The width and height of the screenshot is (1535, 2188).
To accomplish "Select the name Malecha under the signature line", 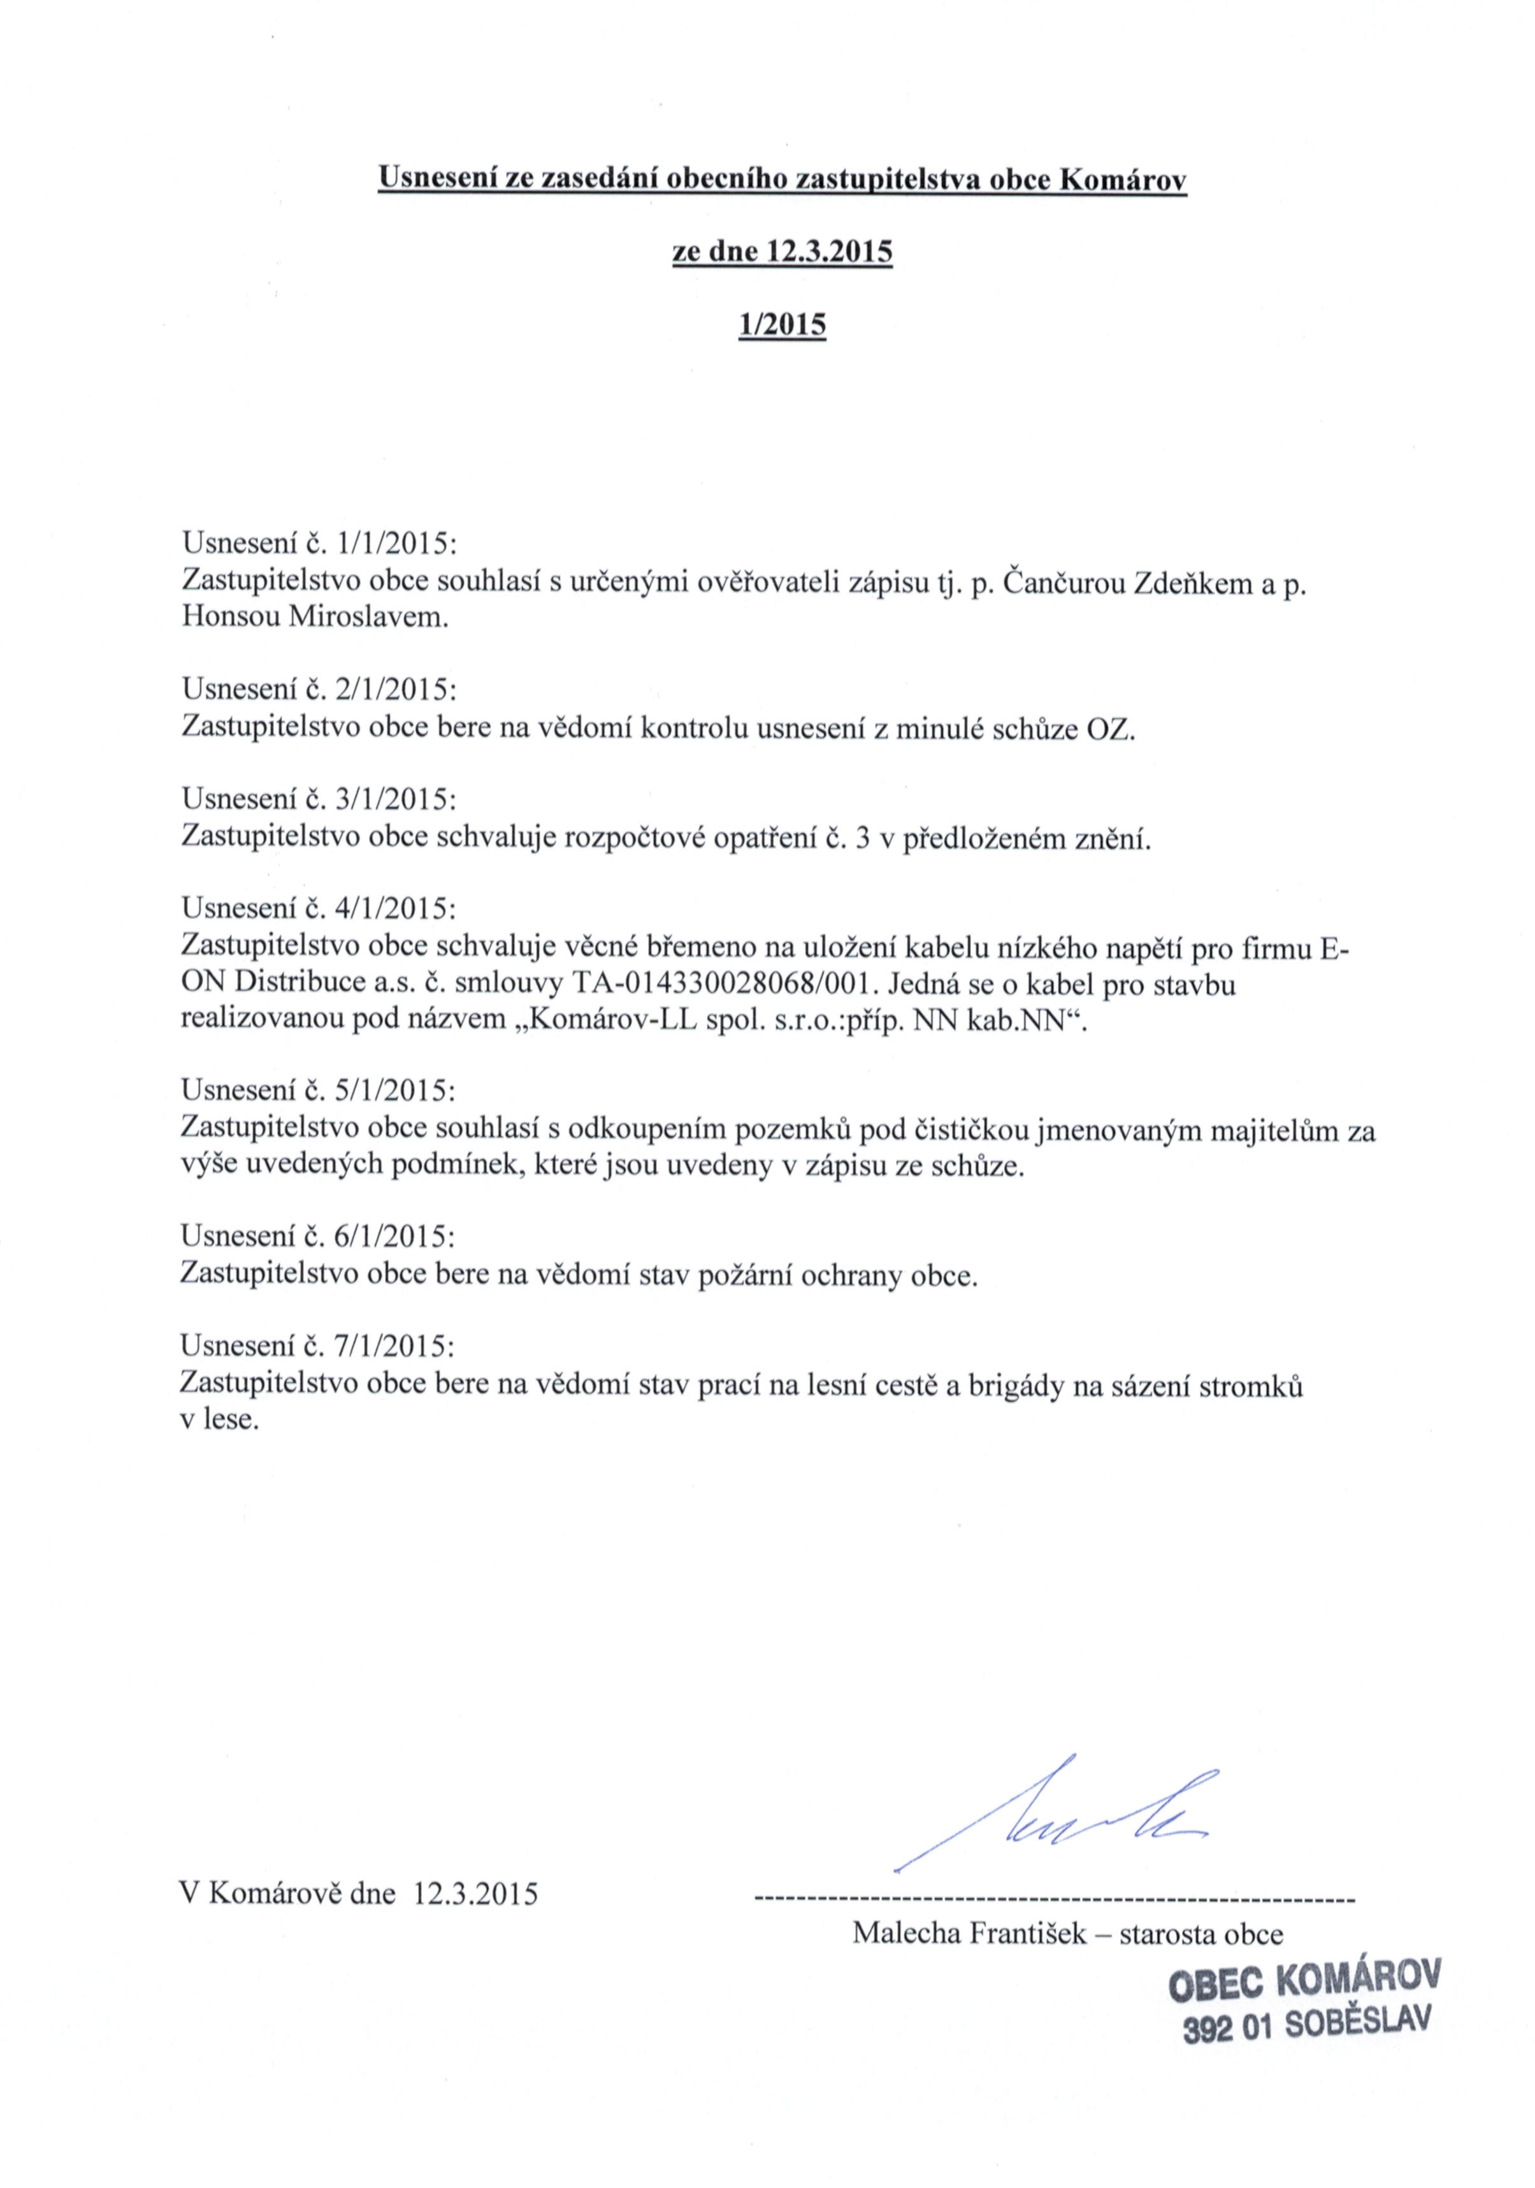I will point(905,1934).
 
